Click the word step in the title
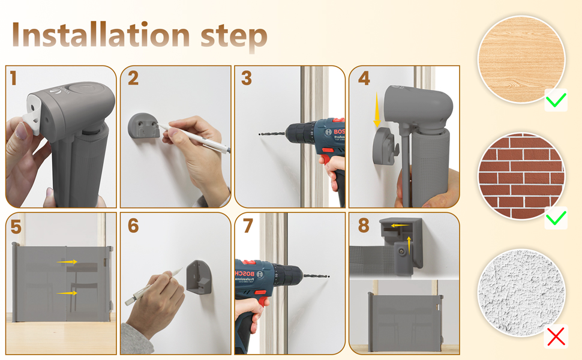tap(234, 37)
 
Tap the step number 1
tap(14, 79)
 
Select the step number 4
tap(364, 79)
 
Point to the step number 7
tap(248, 226)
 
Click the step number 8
tap(364, 226)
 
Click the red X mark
tap(556, 336)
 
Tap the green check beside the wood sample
tap(556, 100)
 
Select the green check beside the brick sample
tap(556, 218)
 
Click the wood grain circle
tap(521, 59)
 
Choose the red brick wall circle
tap(521, 176)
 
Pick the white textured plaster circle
tap(521, 292)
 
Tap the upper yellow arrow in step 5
tap(67, 262)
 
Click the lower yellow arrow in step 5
tap(67, 293)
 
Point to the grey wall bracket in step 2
tap(143, 125)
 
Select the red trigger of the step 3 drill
tap(325, 158)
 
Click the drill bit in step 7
tap(316, 276)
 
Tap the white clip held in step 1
tap(34, 115)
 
